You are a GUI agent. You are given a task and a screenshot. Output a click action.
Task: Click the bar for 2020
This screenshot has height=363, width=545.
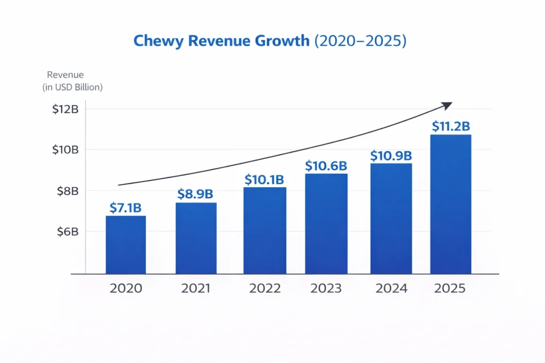click(x=126, y=244)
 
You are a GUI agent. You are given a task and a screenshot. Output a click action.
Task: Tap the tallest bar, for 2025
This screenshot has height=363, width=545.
click(x=450, y=204)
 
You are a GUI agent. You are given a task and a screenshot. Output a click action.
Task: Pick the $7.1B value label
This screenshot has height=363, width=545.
click(x=126, y=208)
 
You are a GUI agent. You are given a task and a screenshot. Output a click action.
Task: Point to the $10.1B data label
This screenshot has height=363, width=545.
click(x=265, y=180)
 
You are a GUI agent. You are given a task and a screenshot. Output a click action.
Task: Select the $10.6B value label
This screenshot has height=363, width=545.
click(x=326, y=166)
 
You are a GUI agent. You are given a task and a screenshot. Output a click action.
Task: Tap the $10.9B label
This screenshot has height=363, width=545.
click(x=391, y=156)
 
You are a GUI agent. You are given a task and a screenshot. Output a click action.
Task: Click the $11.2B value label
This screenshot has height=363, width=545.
click(x=450, y=126)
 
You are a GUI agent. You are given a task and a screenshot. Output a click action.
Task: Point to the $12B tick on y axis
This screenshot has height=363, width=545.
click(x=65, y=109)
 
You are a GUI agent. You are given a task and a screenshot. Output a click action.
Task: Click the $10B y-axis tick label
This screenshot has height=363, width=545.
click(x=65, y=149)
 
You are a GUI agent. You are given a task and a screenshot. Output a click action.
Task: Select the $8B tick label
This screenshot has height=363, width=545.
click(x=68, y=190)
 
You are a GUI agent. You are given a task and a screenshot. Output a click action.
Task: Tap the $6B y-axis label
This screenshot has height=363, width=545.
click(x=68, y=232)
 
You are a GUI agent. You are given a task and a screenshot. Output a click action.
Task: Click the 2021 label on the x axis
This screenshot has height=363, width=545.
click(x=196, y=289)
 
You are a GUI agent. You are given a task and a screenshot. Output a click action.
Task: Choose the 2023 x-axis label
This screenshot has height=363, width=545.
click(x=326, y=289)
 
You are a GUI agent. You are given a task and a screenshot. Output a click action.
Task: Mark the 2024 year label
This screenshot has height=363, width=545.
click(x=391, y=289)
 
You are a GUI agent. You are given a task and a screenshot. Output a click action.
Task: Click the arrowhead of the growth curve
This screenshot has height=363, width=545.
click(x=447, y=105)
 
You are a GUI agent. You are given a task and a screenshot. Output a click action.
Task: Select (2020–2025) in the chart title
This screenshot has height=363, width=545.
click(x=360, y=41)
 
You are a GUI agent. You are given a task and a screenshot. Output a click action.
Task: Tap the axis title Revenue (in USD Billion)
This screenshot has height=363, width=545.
click(x=72, y=81)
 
